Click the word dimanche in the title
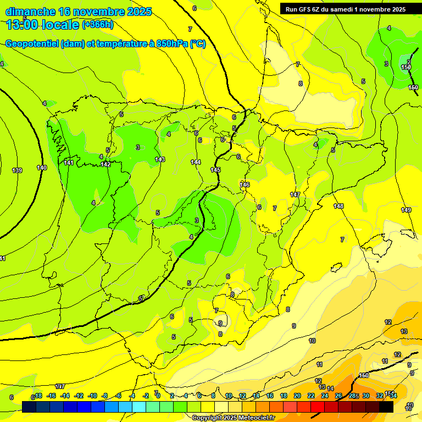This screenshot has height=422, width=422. pyautogui.click(x=30, y=11)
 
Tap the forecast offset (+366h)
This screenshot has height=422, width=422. pyautogui.click(x=97, y=24)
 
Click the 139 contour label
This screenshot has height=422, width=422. pyautogui.click(x=17, y=170)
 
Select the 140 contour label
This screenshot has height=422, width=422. pyautogui.click(x=42, y=168)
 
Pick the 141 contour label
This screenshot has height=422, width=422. pyautogui.click(x=69, y=163)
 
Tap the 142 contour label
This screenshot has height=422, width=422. pyautogui.click(x=106, y=164)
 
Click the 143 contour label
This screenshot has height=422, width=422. pyautogui.click(x=159, y=159)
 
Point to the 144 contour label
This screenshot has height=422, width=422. pyautogui.click(x=196, y=162)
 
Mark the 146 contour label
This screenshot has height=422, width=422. pyautogui.click(x=245, y=185)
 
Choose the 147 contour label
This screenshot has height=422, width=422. pyautogui.click(x=295, y=195)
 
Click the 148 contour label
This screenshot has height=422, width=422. pyautogui.click(x=338, y=206)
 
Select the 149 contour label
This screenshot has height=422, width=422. pyautogui.click(x=406, y=210)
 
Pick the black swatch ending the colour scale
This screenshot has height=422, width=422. pyautogui.click(x=386, y=407)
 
